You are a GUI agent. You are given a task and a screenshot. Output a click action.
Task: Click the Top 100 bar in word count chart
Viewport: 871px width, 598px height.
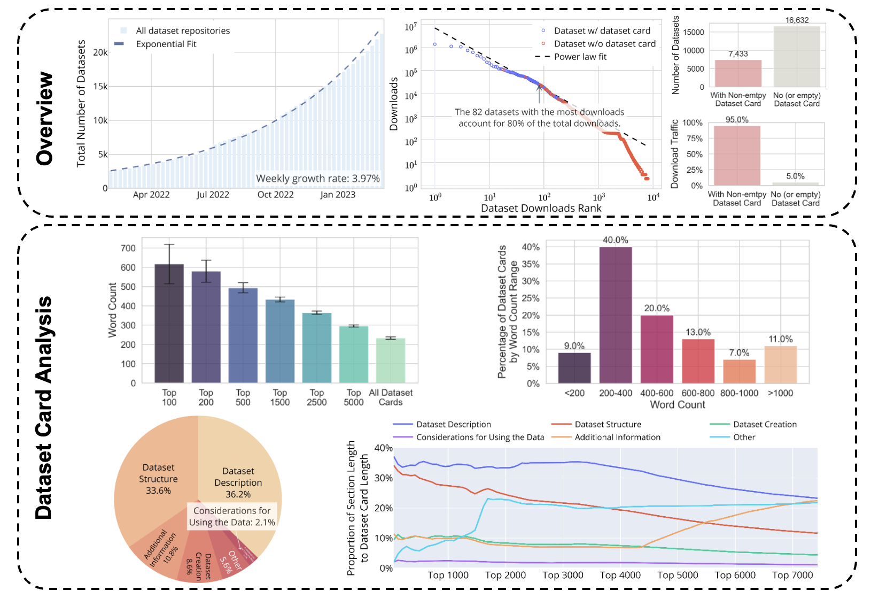coord(169,323)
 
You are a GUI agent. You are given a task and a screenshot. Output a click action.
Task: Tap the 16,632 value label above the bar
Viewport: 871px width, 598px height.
coord(797,20)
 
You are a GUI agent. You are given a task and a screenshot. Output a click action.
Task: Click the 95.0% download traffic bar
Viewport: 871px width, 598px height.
coord(737,155)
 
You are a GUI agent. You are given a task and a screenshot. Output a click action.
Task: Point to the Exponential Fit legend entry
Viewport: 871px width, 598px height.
coord(166,44)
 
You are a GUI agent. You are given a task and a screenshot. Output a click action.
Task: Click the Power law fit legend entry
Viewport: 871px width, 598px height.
coord(580,57)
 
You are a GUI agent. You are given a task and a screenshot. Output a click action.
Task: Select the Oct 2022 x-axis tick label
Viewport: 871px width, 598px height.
coord(276,195)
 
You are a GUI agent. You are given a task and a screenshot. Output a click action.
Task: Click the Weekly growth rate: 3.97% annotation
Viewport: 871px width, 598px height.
coord(318,178)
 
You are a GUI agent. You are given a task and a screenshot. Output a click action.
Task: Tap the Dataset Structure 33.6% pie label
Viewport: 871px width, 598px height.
coord(158,479)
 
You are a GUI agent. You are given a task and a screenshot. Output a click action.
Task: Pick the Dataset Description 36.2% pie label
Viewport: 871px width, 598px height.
coord(238,482)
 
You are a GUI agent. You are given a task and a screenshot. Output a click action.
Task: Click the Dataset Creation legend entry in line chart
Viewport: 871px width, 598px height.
coord(765,424)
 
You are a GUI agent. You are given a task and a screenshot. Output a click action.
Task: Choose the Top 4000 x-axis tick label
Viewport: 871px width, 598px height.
coord(620,575)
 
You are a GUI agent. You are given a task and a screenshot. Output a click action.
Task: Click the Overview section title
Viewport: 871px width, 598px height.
coord(45,118)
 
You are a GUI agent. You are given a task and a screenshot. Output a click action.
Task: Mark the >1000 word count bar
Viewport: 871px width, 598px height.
coord(780,365)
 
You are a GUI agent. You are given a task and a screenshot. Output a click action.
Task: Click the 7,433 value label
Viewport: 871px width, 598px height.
coord(738,54)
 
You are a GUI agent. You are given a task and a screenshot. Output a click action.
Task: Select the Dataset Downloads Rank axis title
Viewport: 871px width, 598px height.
coord(541,208)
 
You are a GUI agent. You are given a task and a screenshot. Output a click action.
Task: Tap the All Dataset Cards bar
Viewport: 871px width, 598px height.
coord(391,361)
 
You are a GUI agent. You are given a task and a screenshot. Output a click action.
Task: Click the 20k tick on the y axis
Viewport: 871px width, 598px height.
coord(100,52)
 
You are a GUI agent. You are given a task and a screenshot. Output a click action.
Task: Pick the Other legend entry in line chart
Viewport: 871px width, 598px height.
coord(744,437)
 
